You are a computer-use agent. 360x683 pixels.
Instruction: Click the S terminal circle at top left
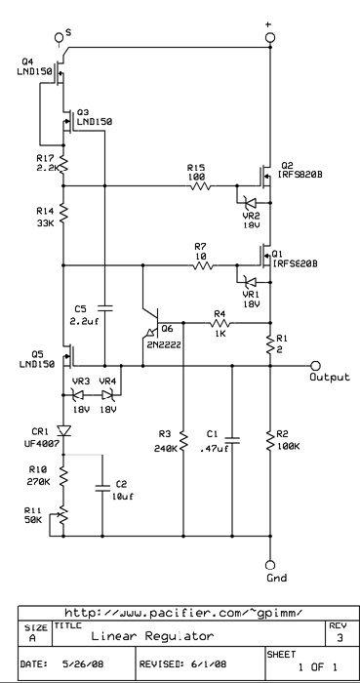pos(60,38)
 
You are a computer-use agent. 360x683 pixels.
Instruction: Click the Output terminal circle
pos(314,364)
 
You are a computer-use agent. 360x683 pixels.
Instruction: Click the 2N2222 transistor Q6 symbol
pos(146,329)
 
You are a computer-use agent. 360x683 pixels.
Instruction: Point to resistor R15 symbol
pos(198,185)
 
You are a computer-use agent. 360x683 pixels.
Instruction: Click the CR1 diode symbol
pos(65,429)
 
